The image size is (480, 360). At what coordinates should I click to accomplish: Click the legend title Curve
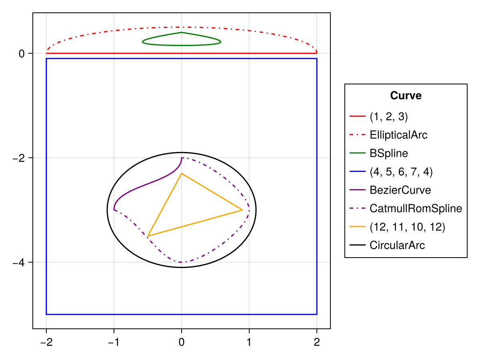coord(406,96)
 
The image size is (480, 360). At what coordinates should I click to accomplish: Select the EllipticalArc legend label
coord(398,135)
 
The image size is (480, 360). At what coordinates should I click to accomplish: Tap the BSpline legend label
coord(389,153)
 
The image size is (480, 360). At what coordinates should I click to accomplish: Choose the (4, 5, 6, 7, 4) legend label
coord(401,172)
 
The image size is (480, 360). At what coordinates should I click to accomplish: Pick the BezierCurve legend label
coord(400,190)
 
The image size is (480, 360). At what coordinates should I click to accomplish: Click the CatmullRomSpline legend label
coord(416,208)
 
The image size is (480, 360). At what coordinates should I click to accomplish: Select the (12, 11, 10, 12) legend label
coord(407,227)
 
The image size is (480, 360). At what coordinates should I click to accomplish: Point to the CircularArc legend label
coord(397,245)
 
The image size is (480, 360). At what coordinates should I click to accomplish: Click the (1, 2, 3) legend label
coord(389,116)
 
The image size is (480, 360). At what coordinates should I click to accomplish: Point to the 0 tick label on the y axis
coord(22,54)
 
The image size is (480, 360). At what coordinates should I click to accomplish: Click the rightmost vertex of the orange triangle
coord(242,210)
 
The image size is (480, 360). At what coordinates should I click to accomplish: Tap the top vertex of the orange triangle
coord(182,174)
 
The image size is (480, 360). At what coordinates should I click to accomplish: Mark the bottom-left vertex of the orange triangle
coord(148,236)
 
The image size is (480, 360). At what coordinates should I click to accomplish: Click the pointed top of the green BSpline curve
coord(182,32)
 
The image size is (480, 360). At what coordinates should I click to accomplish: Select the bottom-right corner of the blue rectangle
coord(317,314)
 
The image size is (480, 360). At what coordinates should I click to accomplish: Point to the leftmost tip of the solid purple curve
coord(114,210)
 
